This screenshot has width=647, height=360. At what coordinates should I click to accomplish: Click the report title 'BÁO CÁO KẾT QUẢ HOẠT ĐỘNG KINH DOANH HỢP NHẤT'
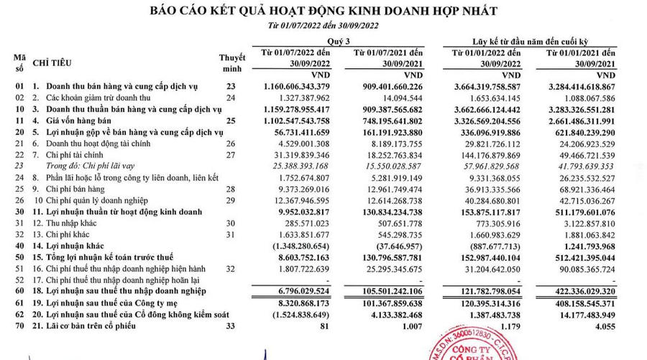click(x=323, y=11)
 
